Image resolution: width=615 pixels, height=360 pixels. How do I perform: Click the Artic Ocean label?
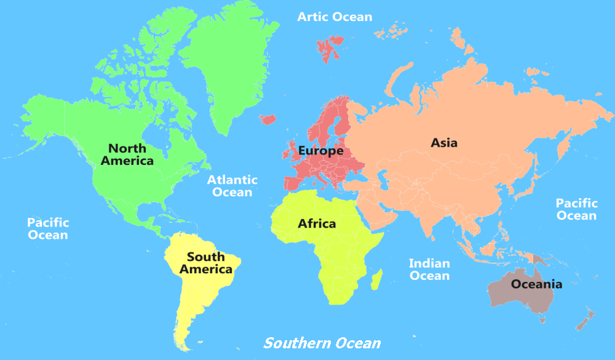(x=335, y=17)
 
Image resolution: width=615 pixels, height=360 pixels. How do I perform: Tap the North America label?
(x=127, y=154)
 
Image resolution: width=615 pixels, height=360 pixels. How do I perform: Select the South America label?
(x=205, y=263)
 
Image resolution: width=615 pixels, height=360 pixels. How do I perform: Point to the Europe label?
(x=320, y=150)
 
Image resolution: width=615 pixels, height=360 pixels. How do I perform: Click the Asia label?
(x=444, y=143)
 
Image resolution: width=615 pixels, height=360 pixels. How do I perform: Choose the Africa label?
(x=317, y=223)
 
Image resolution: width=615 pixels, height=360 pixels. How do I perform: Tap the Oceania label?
(x=536, y=284)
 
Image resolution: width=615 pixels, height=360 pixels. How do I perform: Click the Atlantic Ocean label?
(x=232, y=186)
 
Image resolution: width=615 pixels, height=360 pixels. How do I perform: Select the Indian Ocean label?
(x=429, y=270)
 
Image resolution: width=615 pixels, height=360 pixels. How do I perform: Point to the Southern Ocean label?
(x=322, y=343)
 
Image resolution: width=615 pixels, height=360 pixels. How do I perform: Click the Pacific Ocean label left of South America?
(x=47, y=228)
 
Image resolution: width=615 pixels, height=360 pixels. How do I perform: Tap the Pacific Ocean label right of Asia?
(x=576, y=209)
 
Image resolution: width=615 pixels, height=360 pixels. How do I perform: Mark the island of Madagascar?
(x=376, y=279)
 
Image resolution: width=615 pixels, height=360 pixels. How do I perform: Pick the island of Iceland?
(x=269, y=119)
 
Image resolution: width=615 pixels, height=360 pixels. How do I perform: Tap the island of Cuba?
(x=159, y=219)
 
